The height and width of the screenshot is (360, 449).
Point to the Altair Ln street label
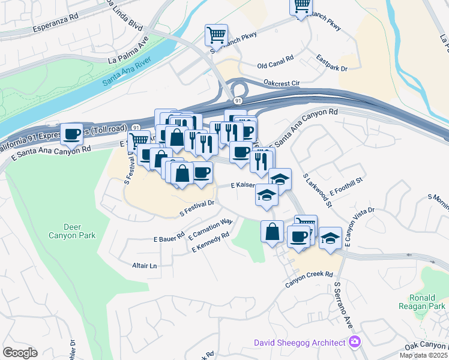tap(144, 265)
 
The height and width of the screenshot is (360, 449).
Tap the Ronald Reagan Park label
tap(427, 301)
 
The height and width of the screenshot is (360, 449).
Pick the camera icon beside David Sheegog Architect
tap(355, 342)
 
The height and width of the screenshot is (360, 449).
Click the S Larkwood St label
tap(318, 190)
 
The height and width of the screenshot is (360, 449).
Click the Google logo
tap(20, 353)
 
